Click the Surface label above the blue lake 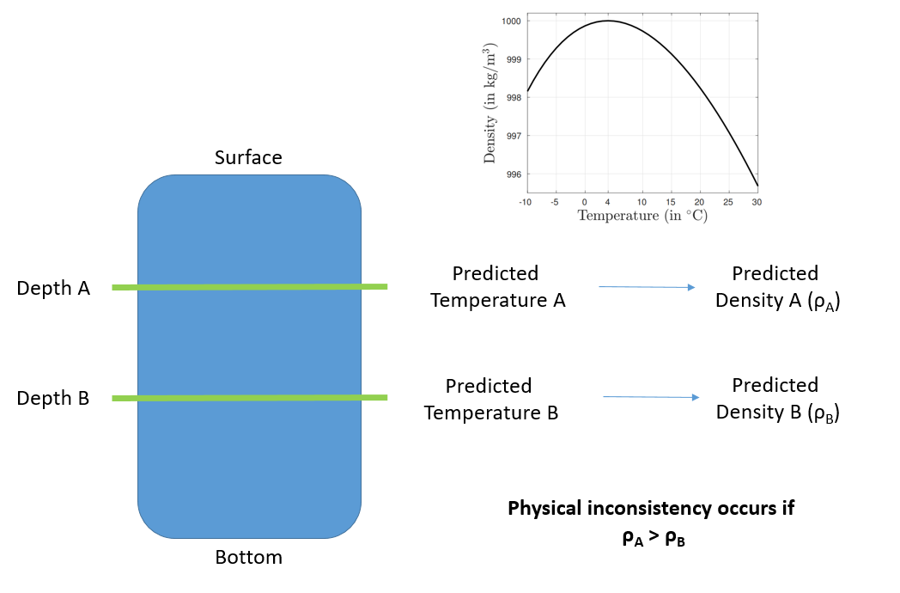(248, 157)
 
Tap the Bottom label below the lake (248, 557)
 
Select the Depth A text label (53, 288)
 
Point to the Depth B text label (52, 398)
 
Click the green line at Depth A (250, 287)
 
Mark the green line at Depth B (250, 398)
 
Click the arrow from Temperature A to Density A (647, 287)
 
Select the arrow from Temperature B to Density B (651, 397)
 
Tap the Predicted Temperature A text (497, 287)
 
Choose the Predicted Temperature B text (490, 400)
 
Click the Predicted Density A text (777, 287)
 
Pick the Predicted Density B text (777, 400)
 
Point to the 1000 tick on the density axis (512, 21)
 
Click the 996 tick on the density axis (514, 174)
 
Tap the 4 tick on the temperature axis (607, 202)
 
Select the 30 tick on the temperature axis (757, 202)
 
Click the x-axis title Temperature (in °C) (642, 216)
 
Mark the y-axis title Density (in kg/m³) (490, 103)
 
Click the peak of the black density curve (608, 21)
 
